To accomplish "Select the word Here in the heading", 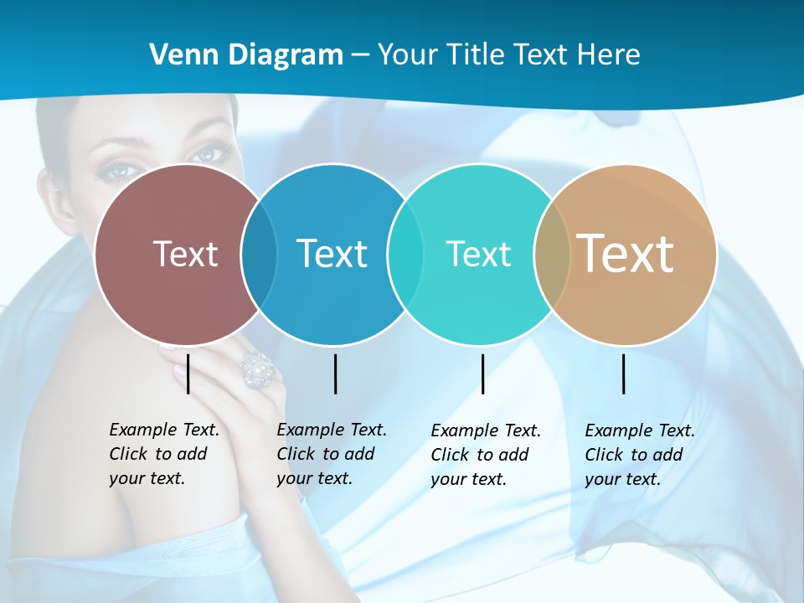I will pos(609,54).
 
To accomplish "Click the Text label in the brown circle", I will pos(185,253).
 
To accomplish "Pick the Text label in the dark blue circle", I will pos(332,253).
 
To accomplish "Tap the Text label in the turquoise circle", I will pos(478,254).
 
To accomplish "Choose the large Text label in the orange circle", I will pos(626,253).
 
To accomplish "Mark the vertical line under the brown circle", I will pos(188,374).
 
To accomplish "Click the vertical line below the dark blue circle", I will pos(335,374).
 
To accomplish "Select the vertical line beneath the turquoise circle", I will pos(483,374).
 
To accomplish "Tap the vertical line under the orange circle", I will pos(624,374).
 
